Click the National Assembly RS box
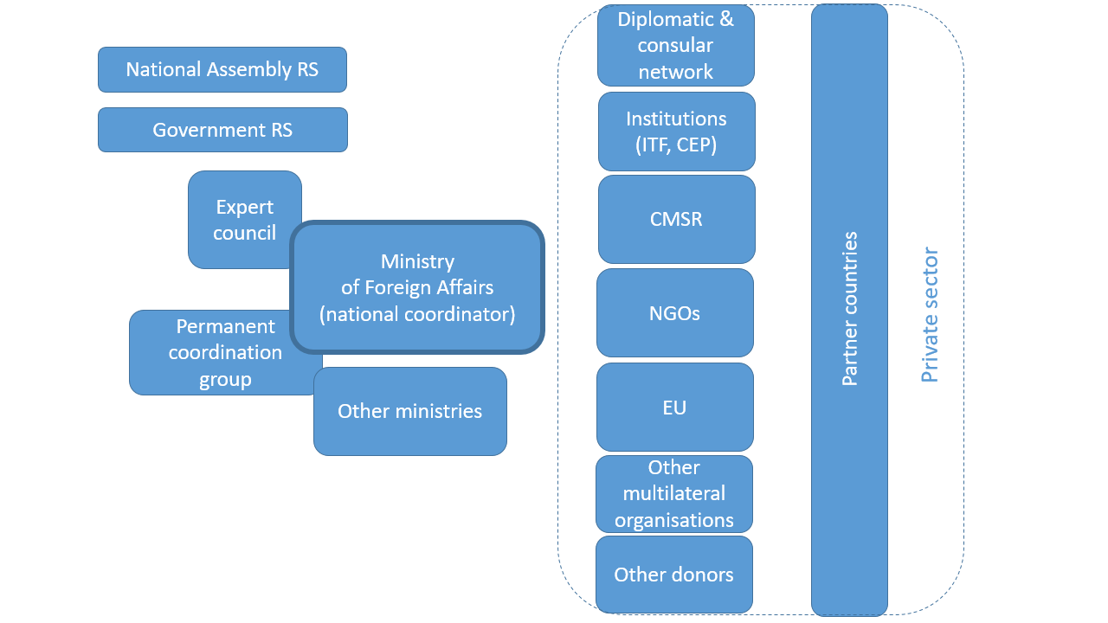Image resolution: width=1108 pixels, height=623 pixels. tap(222, 69)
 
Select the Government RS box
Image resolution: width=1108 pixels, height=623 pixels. tap(222, 130)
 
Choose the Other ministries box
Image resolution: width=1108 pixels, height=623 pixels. tap(409, 412)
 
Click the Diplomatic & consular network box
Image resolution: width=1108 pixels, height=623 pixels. tap(675, 45)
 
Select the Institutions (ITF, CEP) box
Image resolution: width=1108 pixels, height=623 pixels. tap(676, 132)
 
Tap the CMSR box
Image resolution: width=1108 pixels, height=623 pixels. tap(676, 219)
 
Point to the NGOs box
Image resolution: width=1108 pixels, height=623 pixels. tap(674, 313)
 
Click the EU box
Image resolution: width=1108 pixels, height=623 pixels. tap(674, 407)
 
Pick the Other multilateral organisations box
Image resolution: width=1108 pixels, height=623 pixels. tap(673, 494)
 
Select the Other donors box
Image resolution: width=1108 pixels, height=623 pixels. tap(673, 575)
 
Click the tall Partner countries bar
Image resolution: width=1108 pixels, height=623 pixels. tap(849, 309)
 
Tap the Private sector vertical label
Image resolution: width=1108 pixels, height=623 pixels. tap(930, 315)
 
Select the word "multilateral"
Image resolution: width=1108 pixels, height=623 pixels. tap(674, 494)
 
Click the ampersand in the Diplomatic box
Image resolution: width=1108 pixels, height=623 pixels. tap(725, 19)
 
